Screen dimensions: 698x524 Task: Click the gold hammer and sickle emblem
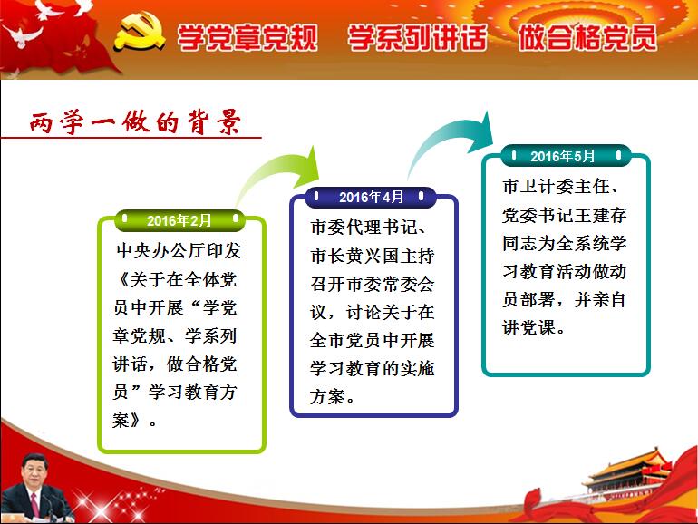139,31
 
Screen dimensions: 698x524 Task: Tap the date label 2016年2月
179,220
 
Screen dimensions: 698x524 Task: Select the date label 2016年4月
371,198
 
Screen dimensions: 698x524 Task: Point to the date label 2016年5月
562,156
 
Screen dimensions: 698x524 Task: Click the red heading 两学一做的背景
135,122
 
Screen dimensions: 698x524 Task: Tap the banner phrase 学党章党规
247,37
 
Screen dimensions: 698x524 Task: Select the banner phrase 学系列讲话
417,37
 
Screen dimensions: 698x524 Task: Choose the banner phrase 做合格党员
587,37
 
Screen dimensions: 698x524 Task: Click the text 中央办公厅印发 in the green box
179,250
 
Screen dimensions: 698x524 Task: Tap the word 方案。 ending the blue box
332,396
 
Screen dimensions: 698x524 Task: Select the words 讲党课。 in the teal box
534,327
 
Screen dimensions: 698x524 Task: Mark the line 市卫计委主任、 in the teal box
560,187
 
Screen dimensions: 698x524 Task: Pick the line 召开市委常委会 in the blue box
373,284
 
